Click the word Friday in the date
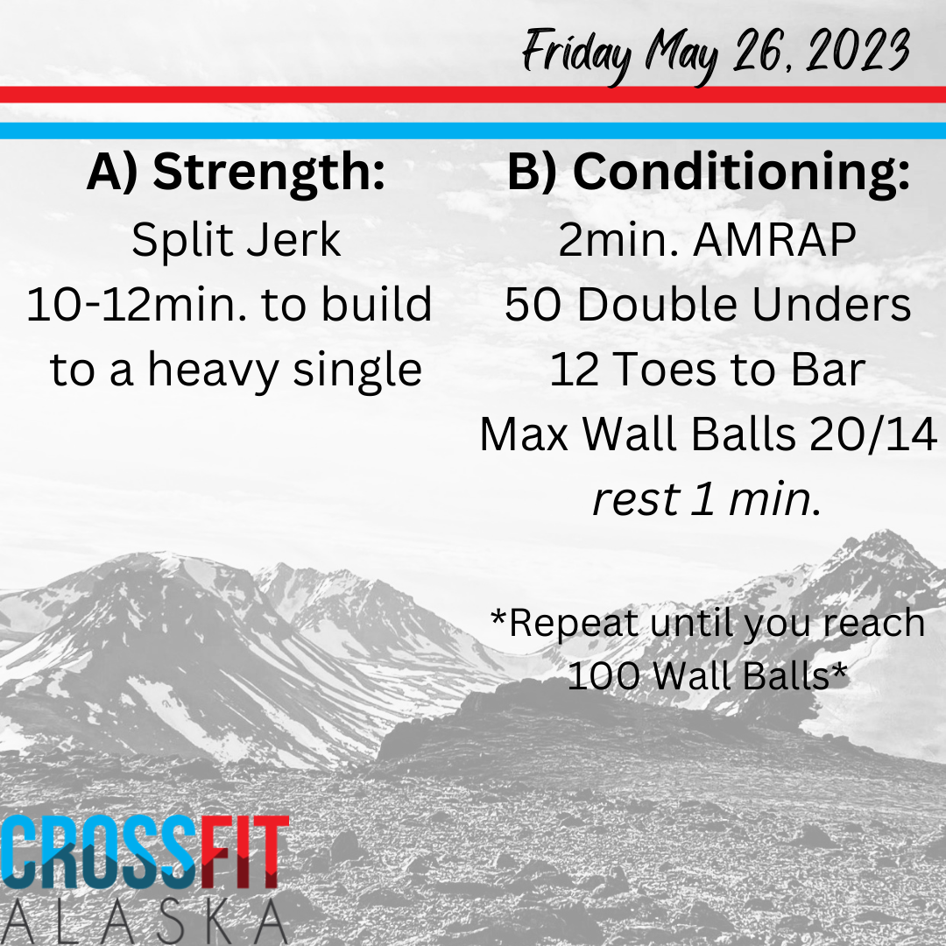(576, 54)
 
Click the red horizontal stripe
(473, 95)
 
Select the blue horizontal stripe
(473, 131)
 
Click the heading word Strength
(269, 173)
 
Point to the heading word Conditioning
(741, 173)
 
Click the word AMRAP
(774, 240)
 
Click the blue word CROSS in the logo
(100, 852)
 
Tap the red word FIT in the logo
(244, 852)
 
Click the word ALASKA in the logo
(145, 921)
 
